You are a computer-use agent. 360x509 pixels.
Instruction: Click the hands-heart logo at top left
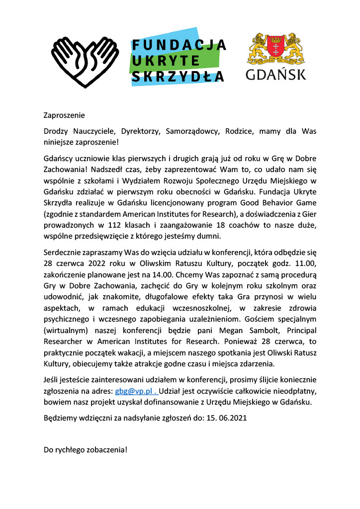[x=84, y=59]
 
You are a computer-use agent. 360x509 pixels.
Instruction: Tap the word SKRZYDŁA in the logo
[x=178, y=77]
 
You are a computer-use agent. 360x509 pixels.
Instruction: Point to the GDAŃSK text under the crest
[x=276, y=75]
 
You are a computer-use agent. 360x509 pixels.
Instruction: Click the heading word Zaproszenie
[x=64, y=115]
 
